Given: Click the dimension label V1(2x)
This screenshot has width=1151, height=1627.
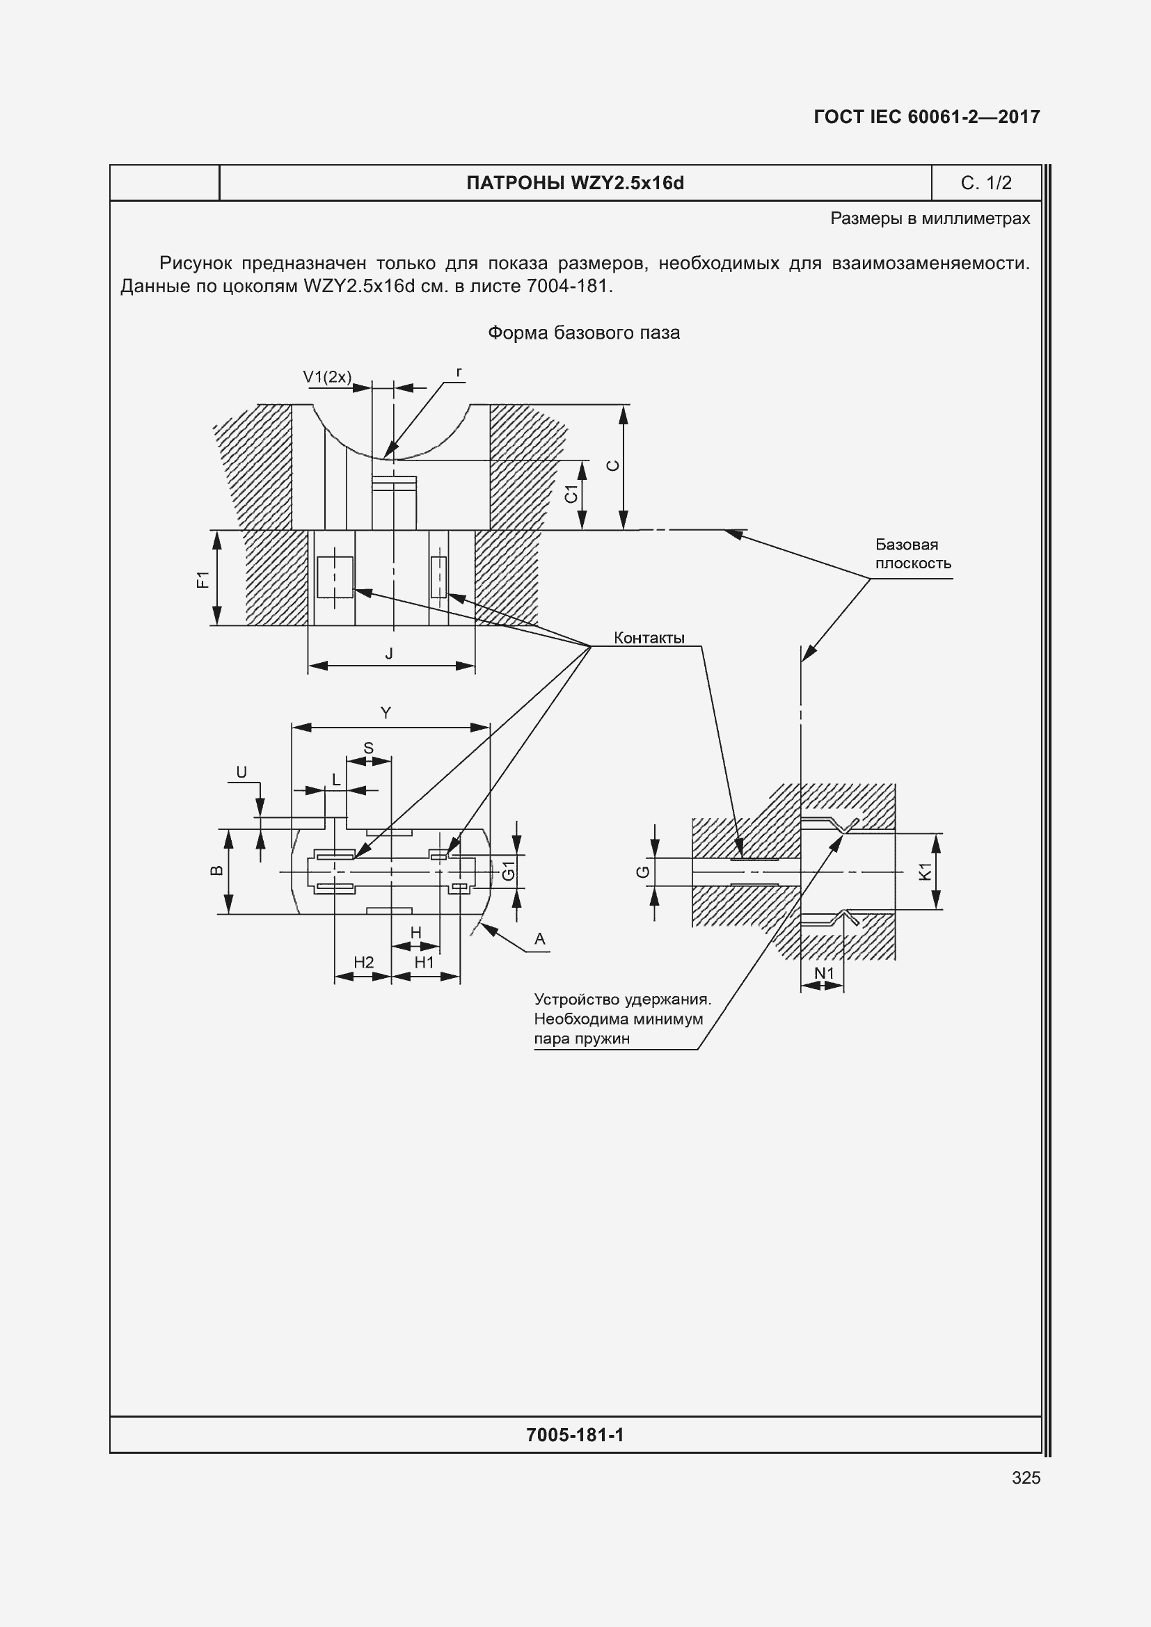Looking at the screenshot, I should click(x=327, y=377).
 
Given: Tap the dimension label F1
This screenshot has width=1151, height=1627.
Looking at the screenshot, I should click(x=203, y=579).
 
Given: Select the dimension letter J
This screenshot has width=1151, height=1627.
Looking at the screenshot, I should click(x=389, y=654).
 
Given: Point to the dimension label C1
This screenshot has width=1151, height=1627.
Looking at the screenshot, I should click(x=571, y=494).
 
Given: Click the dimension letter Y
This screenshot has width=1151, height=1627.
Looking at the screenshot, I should click(x=386, y=713).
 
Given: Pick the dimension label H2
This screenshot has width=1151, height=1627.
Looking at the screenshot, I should click(x=363, y=962).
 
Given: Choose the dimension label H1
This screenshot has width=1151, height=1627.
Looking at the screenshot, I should click(x=424, y=962).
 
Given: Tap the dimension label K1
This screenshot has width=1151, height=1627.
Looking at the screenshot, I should click(x=925, y=871).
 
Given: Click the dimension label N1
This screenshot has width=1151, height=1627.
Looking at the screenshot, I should click(x=823, y=974).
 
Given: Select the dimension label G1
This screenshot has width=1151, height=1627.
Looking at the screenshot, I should click(x=508, y=870).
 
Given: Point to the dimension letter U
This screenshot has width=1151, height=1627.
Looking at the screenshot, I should click(x=241, y=772).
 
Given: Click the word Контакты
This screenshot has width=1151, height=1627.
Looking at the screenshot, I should click(x=649, y=638).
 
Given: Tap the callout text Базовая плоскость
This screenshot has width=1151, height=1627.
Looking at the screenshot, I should click(x=912, y=554).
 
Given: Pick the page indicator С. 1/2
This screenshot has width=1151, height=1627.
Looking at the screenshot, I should click(x=986, y=183).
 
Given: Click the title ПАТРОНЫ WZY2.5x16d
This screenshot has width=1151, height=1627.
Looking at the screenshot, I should click(x=575, y=183).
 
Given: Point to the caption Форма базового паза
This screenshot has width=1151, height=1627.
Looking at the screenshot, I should click(x=583, y=332).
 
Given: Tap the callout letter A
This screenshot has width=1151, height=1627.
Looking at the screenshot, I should click(x=539, y=940).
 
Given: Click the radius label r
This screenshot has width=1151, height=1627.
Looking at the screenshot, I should click(x=459, y=372).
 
